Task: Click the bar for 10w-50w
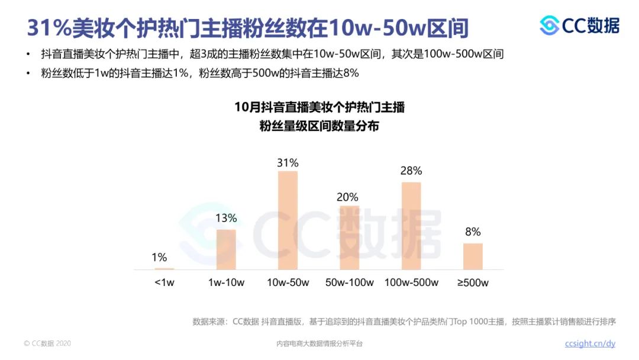pyautogui.click(x=288, y=220)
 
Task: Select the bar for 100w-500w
pyautogui.click(x=411, y=226)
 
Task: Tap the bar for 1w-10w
pyautogui.click(x=226, y=249)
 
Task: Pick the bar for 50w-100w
pyautogui.click(x=349, y=237)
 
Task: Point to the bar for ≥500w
pyautogui.click(x=473, y=256)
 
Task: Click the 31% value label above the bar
pyautogui.click(x=288, y=162)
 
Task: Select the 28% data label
pyautogui.click(x=411, y=171)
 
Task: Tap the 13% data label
pyautogui.click(x=226, y=218)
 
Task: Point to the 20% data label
pyautogui.click(x=347, y=197)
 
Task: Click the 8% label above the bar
pyautogui.click(x=473, y=232)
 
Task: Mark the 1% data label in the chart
pyautogui.click(x=159, y=258)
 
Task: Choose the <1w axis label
pyautogui.click(x=164, y=282)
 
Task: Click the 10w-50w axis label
pyautogui.click(x=288, y=282)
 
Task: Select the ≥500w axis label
pyautogui.click(x=473, y=282)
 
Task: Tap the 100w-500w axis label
pyautogui.click(x=411, y=282)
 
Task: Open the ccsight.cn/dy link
pyautogui.click(x=590, y=343)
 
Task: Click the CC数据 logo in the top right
pyautogui.click(x=579, y=25)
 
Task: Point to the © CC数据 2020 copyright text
pyautogui.click(x=47, y=343)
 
